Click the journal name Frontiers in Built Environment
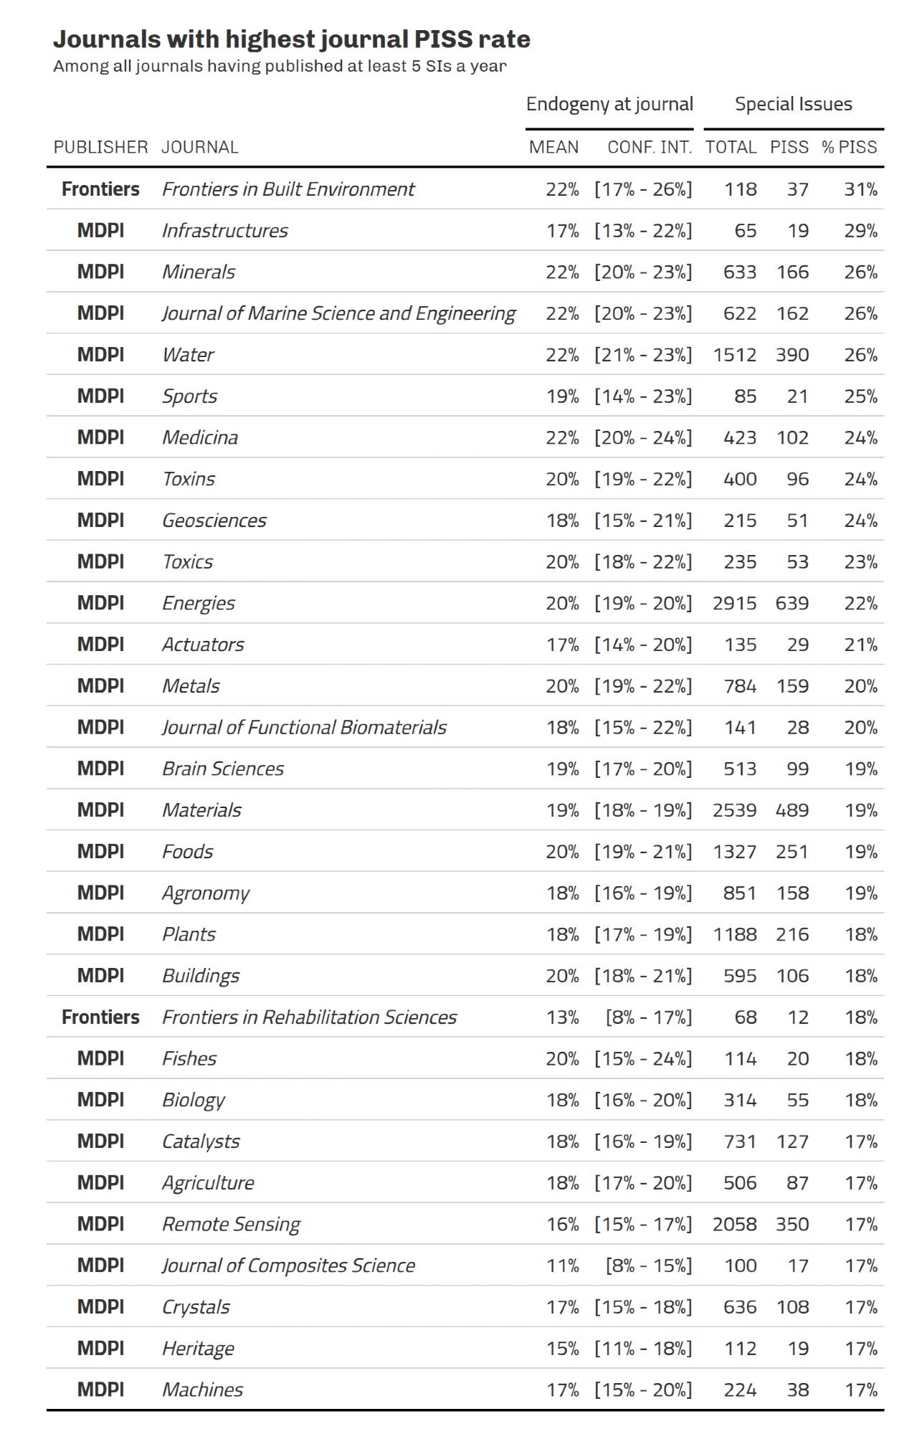click(288, 189)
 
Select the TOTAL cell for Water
click(734, 355)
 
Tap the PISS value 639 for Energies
click(792, 603)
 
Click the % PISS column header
click(849, 147)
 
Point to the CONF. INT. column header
click(649, 147)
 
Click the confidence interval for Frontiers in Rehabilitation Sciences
click(648, 1017)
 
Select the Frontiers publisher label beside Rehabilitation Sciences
click(100, 1017)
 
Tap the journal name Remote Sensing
click(231, 1224)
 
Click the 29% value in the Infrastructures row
click(860, 231)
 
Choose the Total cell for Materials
click(734, 810)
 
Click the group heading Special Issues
click(793, 104)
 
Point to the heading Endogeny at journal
click(609, 104)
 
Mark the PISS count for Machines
click(797, 1390)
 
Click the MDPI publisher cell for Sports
click(100, 397)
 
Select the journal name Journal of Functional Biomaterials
click(304, 728)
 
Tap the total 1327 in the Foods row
click(734, 852)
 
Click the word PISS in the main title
click(441, 39)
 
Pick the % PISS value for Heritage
click(860, 1348)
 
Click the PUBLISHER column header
click(100, 147)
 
